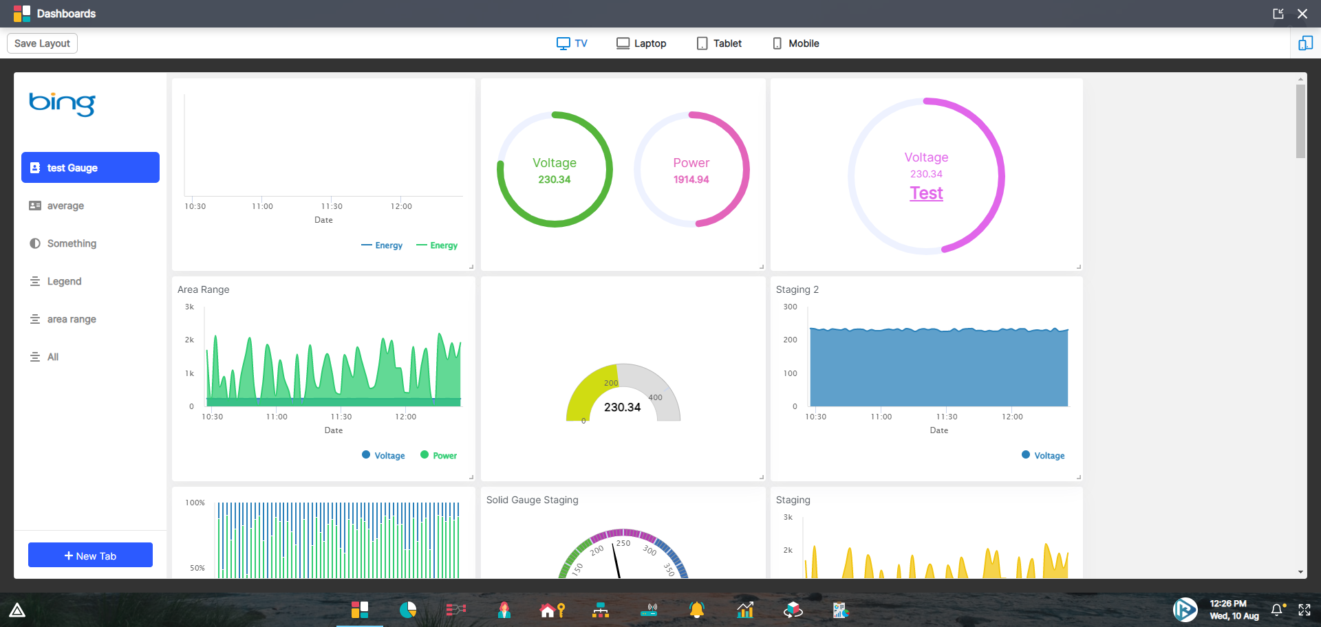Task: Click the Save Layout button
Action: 42,43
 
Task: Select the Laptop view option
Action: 641,43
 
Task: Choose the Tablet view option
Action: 719,43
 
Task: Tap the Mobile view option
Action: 795,43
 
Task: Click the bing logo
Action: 62,104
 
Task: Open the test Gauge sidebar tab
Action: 90,168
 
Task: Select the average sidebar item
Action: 65,206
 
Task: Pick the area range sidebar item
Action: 72,319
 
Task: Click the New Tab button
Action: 90,555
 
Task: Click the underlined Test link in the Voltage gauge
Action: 926,193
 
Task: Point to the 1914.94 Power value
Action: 691,179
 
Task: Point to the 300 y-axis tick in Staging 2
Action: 791,307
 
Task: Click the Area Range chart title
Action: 204,289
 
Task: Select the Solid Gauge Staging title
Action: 532,500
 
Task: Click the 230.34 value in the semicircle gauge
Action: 622,407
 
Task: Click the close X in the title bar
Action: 1302,14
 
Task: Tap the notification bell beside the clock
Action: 1277,610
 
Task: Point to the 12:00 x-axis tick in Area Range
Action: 405,417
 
